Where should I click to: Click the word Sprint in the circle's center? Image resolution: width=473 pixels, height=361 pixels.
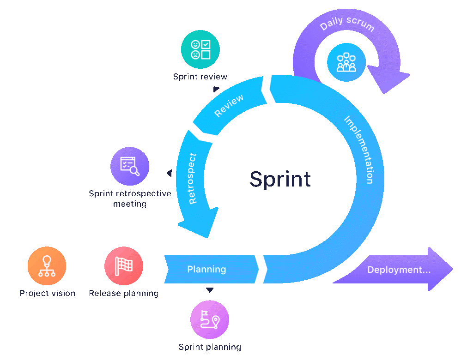tap(280, 179)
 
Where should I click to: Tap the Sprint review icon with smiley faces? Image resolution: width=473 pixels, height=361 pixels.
tap(200, 49)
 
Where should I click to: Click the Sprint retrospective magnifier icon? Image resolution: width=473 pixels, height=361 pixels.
tap(130, 166)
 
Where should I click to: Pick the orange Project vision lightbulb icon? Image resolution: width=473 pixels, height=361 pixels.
tap(47, 266)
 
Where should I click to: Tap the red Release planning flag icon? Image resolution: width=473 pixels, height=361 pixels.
tap(123, 266)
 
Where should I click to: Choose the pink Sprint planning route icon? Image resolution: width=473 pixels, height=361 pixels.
tap(210, 319)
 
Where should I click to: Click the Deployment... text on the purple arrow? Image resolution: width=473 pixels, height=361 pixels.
tap(399, 270)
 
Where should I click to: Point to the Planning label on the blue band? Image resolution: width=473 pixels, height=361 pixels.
tap(206, 269)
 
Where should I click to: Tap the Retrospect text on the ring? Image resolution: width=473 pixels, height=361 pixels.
tap(193, 178)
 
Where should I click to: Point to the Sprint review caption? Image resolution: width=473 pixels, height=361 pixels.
tap(200, 77)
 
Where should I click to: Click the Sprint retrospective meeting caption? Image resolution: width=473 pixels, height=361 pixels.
tap(130, 199)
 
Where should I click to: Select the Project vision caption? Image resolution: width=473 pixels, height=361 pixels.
tap(47, 293)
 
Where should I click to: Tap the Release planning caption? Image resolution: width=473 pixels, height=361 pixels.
tap(123, 293)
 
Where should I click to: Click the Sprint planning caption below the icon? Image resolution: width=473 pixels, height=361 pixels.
tap(210, 347)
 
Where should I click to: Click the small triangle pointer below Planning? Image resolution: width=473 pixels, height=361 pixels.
tap(210, 290)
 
